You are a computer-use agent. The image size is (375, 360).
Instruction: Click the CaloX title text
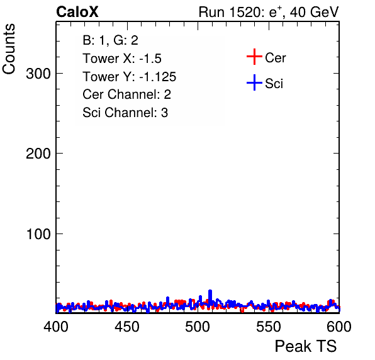click(77, 12)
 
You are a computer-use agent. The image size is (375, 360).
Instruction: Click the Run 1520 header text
click(269, 12)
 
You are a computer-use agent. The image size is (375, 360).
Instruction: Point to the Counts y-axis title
click(9, 49)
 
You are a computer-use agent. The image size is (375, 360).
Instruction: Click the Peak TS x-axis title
click(306, 346)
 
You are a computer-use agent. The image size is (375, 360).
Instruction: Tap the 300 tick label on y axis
click(38, 74)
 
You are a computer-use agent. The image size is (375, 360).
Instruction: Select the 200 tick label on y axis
click(38, 154)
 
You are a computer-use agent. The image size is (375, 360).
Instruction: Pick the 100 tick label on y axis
click(38, 234)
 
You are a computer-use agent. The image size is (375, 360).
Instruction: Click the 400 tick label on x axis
click(56, 327)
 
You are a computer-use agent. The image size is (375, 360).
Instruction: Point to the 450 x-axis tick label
click(126, 327)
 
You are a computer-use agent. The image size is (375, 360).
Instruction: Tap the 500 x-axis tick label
click(198, 327)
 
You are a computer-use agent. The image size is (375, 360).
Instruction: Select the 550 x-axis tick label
click(268, 327)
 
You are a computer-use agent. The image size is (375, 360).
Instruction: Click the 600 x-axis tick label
click(339, 327)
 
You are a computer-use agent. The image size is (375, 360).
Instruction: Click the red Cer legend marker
click(254, 57)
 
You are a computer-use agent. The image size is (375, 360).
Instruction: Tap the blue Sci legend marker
click(254, 82)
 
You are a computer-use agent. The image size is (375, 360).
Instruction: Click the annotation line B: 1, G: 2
click(110, 40)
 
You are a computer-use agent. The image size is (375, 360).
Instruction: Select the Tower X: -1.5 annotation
click(122, 59)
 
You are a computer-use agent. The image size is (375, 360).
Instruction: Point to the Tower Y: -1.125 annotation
click(130, 77)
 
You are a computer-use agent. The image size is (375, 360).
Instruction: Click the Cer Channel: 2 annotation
click(126, 94)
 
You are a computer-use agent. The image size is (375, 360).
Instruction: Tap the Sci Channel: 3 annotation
click(125, 113)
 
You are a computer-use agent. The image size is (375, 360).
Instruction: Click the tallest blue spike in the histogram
click(210, 296)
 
